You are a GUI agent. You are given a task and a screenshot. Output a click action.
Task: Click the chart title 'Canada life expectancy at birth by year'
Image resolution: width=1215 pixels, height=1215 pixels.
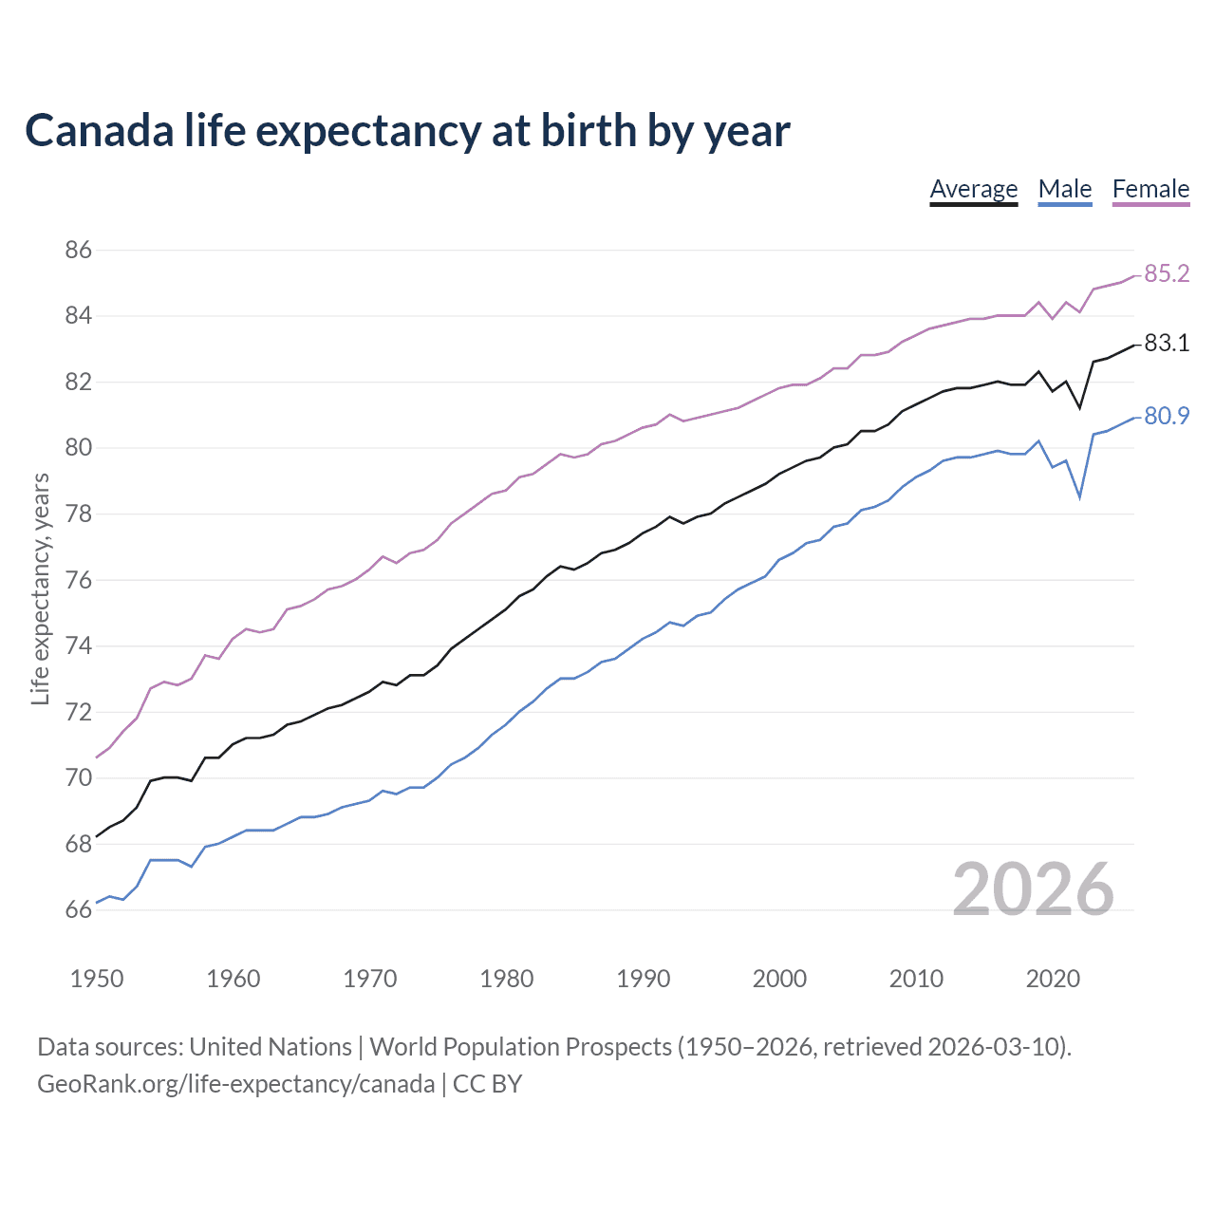click(407, 131)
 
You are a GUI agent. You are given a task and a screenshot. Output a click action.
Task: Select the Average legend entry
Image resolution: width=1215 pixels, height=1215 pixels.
click(973, 189)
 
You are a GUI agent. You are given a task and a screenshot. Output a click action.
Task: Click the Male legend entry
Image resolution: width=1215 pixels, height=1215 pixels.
click(1064, 189)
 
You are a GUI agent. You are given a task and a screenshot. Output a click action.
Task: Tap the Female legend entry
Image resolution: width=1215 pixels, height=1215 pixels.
click(1150, 189)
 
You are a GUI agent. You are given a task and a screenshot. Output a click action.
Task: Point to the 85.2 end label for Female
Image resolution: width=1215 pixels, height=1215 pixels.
click(1166, 274)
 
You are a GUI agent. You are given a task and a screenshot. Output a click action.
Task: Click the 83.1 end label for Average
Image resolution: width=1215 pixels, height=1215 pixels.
click(1166, 344)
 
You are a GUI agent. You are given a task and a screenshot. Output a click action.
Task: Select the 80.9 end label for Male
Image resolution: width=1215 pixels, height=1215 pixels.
click(1166, 416)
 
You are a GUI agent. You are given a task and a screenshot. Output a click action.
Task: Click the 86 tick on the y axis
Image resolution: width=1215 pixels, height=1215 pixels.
click(79, 251)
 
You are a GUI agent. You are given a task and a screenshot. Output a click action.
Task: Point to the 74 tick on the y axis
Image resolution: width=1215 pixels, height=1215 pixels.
click(79, 646)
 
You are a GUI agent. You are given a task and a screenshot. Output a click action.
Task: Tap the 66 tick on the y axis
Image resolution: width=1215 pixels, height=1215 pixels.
click(79, 910)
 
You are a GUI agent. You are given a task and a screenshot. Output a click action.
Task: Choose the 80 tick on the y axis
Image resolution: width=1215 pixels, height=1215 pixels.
click(79, 448)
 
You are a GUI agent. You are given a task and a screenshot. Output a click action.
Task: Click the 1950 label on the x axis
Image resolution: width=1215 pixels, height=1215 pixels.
click(97, 979)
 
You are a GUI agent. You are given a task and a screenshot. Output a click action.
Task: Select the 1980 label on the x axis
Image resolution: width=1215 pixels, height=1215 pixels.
click(506, 979)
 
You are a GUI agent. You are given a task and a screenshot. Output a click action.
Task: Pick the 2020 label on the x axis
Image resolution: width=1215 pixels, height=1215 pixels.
click(1052, 979)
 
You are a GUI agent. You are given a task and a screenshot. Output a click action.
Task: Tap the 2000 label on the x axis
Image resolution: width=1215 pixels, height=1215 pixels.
click(779, 979)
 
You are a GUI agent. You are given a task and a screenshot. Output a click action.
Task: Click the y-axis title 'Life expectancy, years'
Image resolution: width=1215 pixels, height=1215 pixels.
click(41, 589)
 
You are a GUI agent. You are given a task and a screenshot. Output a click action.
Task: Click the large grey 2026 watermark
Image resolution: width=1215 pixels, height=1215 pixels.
click(1033, 889)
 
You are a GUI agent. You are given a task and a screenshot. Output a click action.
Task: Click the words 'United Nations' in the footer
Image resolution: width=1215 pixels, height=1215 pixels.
click(271, 1047)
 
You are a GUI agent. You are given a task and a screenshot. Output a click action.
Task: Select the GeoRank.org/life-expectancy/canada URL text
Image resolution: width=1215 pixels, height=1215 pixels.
click(235, 1084)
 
